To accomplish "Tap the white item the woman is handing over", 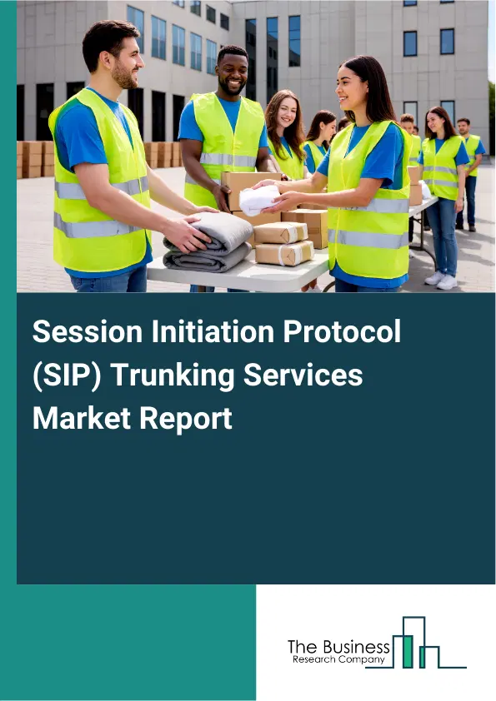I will tap(259, 200).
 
